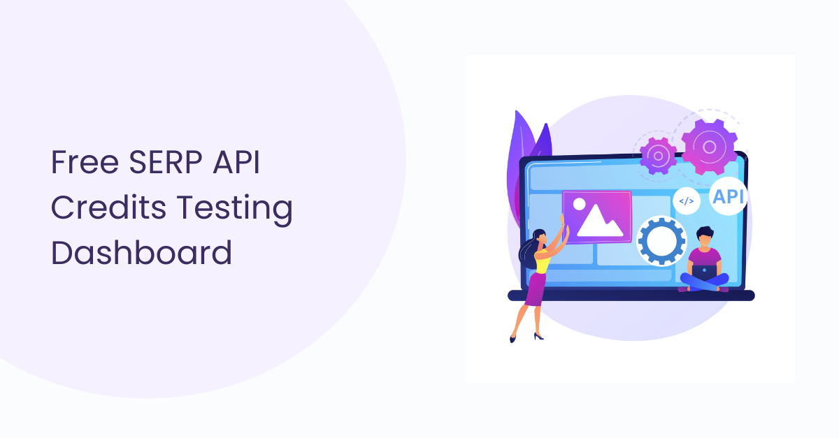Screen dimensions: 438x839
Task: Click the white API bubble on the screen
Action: [728, 196]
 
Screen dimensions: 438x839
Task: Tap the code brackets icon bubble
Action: [687, 201]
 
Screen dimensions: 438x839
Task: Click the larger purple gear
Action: [709, 147]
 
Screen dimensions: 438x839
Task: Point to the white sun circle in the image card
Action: [579, 204]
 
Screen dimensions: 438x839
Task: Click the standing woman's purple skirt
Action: [536, 289]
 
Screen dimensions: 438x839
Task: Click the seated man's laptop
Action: [704, 272]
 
